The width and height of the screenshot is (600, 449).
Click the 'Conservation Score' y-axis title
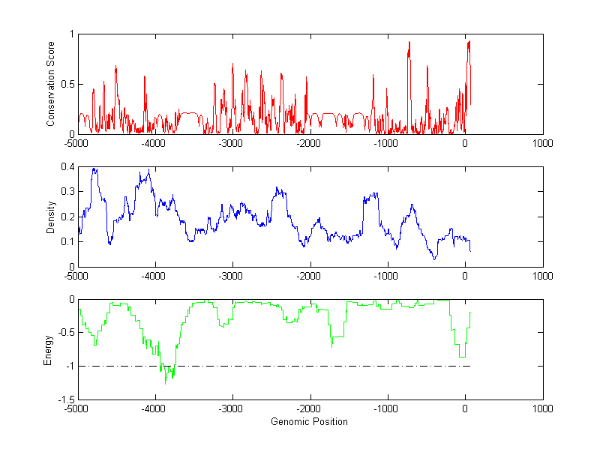[51, 84]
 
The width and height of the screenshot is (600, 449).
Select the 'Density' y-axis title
[51, 217]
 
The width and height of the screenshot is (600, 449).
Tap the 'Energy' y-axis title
[48, 349]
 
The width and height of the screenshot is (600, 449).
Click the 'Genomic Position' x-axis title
[309, 421]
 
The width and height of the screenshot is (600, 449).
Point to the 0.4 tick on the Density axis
[67, 167]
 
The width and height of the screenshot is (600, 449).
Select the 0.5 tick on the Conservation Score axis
[67, 84]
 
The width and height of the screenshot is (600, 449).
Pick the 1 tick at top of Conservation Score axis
[71, 34]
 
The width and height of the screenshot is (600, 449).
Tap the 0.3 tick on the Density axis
[67, 192]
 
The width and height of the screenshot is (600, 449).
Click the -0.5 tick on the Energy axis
[65, 333]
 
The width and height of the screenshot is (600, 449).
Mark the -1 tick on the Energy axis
[69, 367]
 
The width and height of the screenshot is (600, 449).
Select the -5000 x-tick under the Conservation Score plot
[76, 142]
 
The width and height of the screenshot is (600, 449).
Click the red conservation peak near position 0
[469, 41]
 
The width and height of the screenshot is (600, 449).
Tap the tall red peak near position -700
[409, 43]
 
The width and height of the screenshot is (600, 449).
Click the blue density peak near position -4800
[94, 169]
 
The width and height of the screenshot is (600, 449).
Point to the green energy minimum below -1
[166, 383]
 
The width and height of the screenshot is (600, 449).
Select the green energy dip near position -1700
[331, 346]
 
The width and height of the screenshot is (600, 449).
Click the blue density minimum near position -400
[434, 259]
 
